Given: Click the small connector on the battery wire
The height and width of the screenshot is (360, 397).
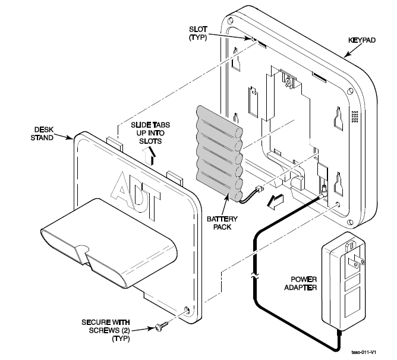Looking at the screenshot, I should coord(259,190).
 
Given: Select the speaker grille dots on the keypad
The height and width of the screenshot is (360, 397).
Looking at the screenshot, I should coord(355,116).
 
